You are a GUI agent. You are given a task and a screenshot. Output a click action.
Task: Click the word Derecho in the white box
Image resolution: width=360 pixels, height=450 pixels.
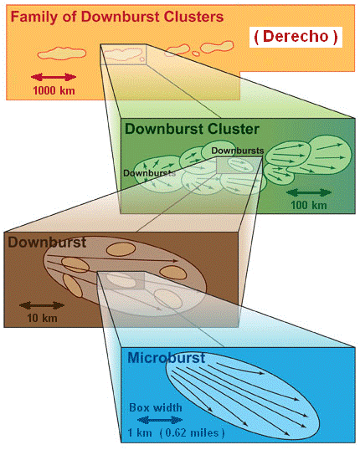pos(296,37)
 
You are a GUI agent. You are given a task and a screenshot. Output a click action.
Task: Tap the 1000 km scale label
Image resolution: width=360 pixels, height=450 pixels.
pos(54,90)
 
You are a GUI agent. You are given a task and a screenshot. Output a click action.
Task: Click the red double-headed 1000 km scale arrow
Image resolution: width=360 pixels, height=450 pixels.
pos(54,77)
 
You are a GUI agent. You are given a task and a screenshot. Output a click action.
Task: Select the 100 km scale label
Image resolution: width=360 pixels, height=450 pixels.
pos(309,205)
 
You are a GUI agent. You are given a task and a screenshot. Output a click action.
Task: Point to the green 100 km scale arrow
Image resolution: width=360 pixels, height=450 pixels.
pos(309,192)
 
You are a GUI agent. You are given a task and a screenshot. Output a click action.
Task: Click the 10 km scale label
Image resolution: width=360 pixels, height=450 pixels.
pos(42,318)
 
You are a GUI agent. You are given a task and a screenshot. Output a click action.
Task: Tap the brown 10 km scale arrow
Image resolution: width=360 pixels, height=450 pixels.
pos(42,305)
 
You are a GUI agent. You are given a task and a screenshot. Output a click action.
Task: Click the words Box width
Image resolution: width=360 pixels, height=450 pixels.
pos(156,407)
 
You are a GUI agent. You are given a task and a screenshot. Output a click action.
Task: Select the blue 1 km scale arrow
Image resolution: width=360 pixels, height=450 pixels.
pos(160,420)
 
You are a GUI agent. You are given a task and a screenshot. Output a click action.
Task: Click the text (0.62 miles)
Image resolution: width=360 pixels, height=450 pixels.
pos(192,432)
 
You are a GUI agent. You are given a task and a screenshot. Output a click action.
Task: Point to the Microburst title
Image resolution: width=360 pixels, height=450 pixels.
pos(166,358)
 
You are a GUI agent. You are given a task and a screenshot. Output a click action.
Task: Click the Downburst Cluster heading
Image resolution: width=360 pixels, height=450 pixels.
pos(192,129)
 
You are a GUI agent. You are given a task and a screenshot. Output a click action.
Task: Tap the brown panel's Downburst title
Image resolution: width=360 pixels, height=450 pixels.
pos(47,243)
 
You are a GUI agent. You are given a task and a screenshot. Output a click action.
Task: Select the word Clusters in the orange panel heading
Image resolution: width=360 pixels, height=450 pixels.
pos(193,17)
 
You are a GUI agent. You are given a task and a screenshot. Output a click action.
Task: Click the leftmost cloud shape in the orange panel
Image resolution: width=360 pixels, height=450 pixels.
pos(62,54)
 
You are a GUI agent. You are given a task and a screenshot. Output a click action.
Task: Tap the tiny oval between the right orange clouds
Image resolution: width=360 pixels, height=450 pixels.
pos(196,54)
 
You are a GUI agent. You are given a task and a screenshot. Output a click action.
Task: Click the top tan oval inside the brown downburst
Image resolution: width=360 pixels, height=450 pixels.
pos(121,249)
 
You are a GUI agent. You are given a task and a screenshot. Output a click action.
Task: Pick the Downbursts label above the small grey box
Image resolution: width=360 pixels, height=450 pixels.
pos(238,151)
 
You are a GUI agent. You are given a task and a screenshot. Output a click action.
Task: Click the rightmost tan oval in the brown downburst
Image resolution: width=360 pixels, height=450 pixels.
pos(173,273)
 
